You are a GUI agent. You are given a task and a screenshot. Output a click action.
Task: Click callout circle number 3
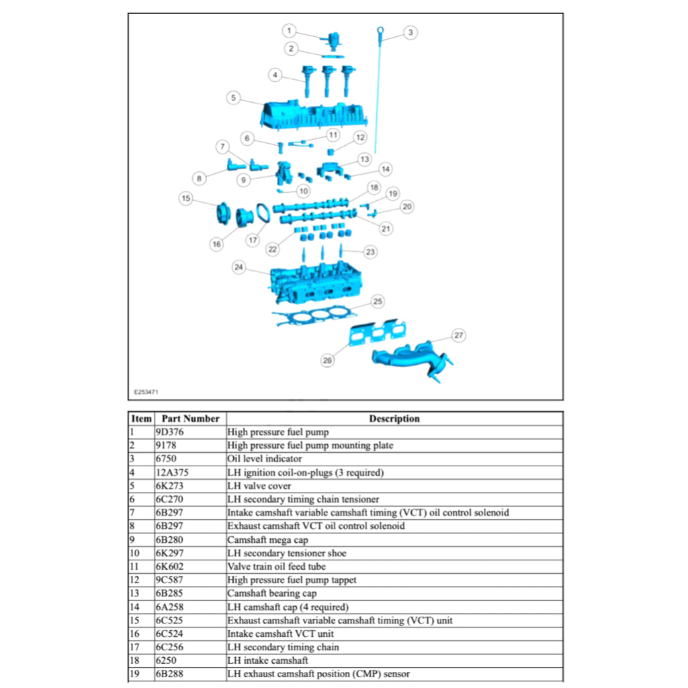411,32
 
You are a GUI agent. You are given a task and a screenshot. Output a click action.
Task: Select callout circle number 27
458,335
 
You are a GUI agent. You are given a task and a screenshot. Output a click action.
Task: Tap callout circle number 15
186,198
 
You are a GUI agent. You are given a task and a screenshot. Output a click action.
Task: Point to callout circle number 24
239,267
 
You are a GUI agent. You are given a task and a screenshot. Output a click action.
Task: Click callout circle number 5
233,98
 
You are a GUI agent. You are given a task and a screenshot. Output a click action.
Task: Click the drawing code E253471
146,391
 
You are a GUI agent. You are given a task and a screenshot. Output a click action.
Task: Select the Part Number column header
191,419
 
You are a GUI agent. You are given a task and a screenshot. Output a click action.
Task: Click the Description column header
394,419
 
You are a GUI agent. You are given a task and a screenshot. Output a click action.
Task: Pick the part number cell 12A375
172,472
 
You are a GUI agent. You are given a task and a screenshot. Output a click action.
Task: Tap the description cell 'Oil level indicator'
265,459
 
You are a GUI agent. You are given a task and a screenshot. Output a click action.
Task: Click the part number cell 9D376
169,432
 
